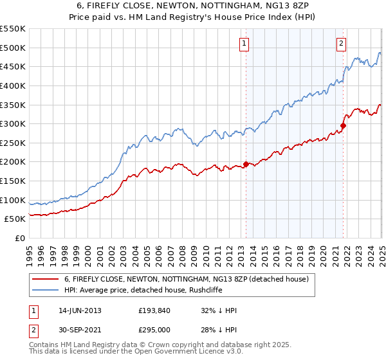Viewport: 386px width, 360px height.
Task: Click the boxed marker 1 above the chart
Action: [245, 44]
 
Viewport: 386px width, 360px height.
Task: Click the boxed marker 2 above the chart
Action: [340, 44]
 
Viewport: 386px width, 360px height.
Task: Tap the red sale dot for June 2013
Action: [246, 164]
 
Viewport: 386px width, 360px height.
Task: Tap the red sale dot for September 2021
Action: [343, 125]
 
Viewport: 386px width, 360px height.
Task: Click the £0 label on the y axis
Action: [19, 238]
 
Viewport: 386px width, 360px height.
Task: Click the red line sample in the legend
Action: [46, 279]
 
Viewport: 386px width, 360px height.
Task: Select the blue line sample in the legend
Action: [46, 290]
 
